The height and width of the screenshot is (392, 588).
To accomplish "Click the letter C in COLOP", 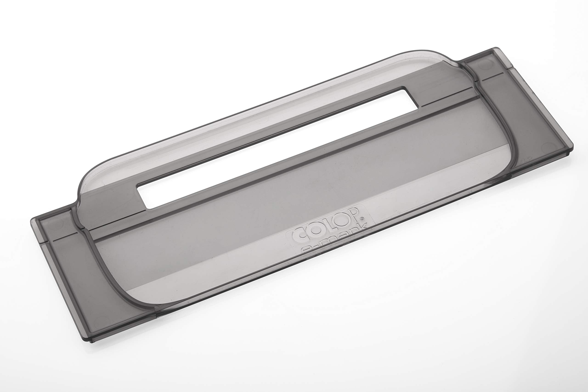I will point(297,235).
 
